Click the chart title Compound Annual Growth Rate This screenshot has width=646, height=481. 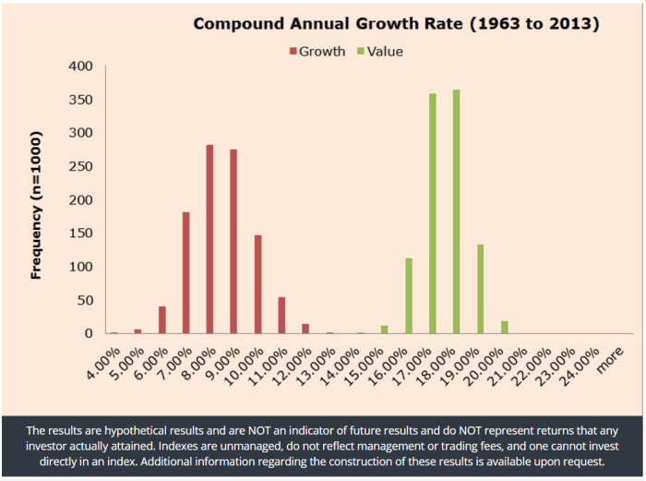[396, 23]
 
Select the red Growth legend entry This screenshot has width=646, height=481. [317, 52]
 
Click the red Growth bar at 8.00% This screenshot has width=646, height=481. [209, 239]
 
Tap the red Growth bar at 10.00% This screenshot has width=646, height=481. [257, 284]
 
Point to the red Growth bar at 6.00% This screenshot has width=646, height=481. [161, 319]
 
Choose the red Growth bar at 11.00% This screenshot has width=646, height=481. [281, 315]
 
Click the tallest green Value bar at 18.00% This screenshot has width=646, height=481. [456, 211]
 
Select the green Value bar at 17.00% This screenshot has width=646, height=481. [432, 213]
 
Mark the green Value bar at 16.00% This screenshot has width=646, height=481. [408, 295]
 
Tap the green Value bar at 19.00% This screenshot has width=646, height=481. [480, 288]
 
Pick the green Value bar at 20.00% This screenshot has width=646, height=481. [504, 327]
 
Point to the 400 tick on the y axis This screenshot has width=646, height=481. [81, 66]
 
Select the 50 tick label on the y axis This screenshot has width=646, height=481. [85, 300]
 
